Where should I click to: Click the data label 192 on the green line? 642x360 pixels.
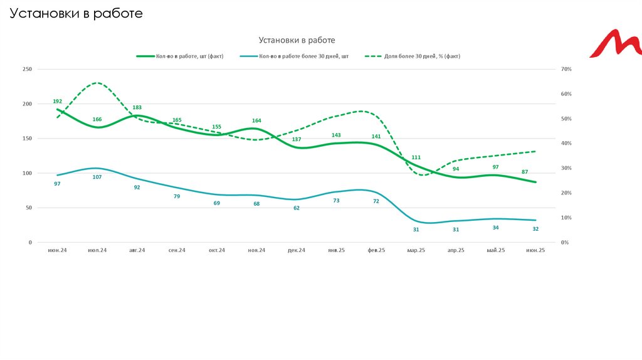[58, 101]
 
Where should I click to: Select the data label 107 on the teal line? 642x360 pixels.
[97, 177]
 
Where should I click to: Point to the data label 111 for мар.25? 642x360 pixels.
[416, 157]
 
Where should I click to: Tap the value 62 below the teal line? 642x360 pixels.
[297, 208]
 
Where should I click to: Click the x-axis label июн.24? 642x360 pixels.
[57, 250]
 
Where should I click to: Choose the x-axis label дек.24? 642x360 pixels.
[296, 250]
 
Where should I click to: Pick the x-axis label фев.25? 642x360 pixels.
[376, 250]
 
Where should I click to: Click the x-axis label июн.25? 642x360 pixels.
[535, 250]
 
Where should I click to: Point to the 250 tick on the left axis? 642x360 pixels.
[27, 69]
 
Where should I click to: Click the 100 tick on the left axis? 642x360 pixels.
[27, 173]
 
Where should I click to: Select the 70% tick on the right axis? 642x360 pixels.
[566, 69]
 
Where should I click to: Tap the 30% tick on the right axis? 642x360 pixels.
[566, 168]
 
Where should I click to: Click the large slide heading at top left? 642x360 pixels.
[76, 13]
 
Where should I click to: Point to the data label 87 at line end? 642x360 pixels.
[524, 172]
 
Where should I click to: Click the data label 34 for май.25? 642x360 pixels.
[495, 228]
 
